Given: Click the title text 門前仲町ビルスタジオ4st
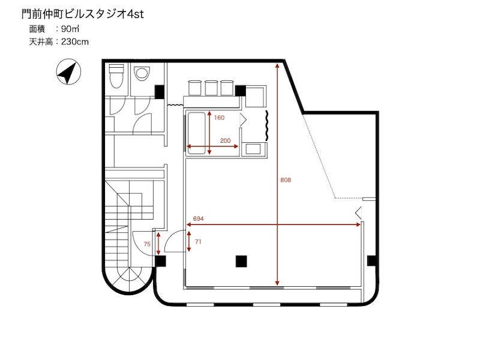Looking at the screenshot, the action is click(x=83, y=14).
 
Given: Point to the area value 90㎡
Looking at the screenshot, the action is click(x=70, y=29).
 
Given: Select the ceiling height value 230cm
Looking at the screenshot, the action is click(x=75, y=41).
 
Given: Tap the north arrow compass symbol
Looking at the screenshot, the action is click(x=68, y=72).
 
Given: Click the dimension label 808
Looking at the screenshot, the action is click(x=286, y=180).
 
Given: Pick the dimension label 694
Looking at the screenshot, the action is click(x=199, y=218).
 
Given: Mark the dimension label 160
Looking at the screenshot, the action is click(x=219, y=118).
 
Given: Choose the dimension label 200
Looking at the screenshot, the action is click(x=226, y=141).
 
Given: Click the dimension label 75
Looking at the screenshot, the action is click(x=147, y=244).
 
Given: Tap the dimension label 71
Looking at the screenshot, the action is click(x=198, y=242).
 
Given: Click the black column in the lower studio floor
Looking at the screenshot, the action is click(x=241, y=261).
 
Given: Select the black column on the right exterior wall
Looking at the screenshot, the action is click(x=371, y=261).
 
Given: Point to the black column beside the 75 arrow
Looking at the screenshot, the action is click(x=160, y=261).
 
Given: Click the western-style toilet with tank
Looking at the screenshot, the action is click(x=116, y=76).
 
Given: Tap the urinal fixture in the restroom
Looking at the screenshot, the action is click(x=142, y=73).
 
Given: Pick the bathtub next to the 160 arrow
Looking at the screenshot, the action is click(x=196, y=133).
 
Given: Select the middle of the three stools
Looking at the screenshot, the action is click(x=211, y=88).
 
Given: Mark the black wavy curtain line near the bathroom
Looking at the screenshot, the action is click(x=267, y=125).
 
